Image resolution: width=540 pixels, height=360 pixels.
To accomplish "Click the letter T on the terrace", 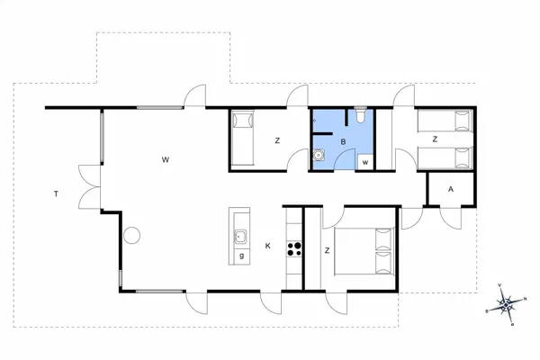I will click(x=56, y=193).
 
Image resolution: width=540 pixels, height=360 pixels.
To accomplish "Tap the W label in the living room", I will click(x=166, y=159).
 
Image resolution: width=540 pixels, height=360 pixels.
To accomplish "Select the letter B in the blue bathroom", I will click(x=343, y=141).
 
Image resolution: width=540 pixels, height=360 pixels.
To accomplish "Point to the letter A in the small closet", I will click(x=449, y=190).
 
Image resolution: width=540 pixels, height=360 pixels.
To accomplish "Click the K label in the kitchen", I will click(x=267, y=246).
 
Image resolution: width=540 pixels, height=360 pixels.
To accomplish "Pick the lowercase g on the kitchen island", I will click(x=241, y=256).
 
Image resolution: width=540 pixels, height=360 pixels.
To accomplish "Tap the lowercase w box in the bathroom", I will click(x=364, y=162).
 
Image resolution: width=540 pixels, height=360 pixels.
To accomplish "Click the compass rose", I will click(x=507, y=304).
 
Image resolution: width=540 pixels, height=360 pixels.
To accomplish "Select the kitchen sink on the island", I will click(x=240, y=238).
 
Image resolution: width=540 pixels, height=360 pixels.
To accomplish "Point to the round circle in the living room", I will click(x=131, y=237).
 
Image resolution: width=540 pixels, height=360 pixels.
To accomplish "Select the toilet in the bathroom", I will click(x=359, y=116).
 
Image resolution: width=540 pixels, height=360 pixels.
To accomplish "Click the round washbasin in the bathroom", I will click(x=319, y=154).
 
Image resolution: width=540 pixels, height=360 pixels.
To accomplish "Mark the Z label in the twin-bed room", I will click(x=434, y=139).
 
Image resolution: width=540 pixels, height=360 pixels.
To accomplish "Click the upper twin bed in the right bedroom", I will click(x=445, y=121).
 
